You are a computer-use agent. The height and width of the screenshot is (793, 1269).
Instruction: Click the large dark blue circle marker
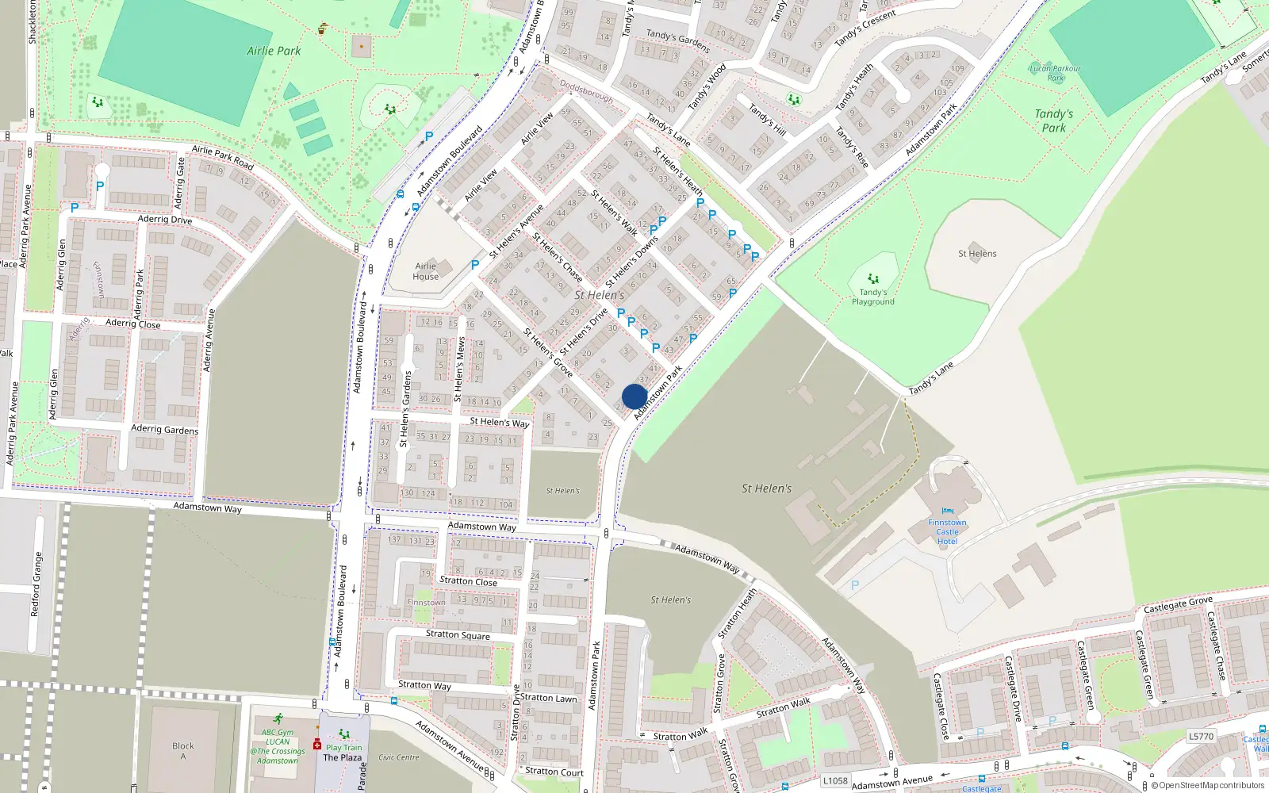click(634, 396)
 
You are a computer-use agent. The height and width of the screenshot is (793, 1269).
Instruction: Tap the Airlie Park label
click(274, 51)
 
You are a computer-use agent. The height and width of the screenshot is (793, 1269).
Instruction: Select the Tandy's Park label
click(1053, 121)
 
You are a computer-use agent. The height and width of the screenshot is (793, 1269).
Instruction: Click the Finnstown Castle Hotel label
click(947, 531)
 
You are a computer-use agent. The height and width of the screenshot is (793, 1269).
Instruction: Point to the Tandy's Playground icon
click(873, 279)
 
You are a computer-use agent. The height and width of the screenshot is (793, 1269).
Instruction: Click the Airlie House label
click(426, 271)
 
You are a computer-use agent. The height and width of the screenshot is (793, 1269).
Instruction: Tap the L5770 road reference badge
click(1201, 736)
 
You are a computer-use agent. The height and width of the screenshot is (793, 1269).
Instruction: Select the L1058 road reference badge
click(835, 780)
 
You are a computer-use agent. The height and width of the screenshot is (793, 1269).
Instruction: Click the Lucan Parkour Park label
click(1055, 73)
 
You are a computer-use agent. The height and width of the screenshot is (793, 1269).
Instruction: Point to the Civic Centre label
click(399, 757)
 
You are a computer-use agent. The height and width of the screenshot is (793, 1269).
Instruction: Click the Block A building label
click(183, 750)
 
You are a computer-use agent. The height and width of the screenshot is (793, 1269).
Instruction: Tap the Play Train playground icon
click(343, 734)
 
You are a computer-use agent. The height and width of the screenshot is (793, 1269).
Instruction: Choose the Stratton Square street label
click(458, 634)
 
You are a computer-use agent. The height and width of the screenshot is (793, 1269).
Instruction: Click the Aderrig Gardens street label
click(164, 429)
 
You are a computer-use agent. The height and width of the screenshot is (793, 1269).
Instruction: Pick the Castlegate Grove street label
click(1178, 605)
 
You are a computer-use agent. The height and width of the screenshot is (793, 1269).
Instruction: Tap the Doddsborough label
click(586, 90)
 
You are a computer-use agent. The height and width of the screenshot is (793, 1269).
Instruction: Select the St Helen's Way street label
click(499, 422)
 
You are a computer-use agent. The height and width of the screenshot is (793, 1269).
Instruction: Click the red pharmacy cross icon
click(317, 745)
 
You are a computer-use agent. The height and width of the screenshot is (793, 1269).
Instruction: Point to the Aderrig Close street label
click(132, 323)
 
